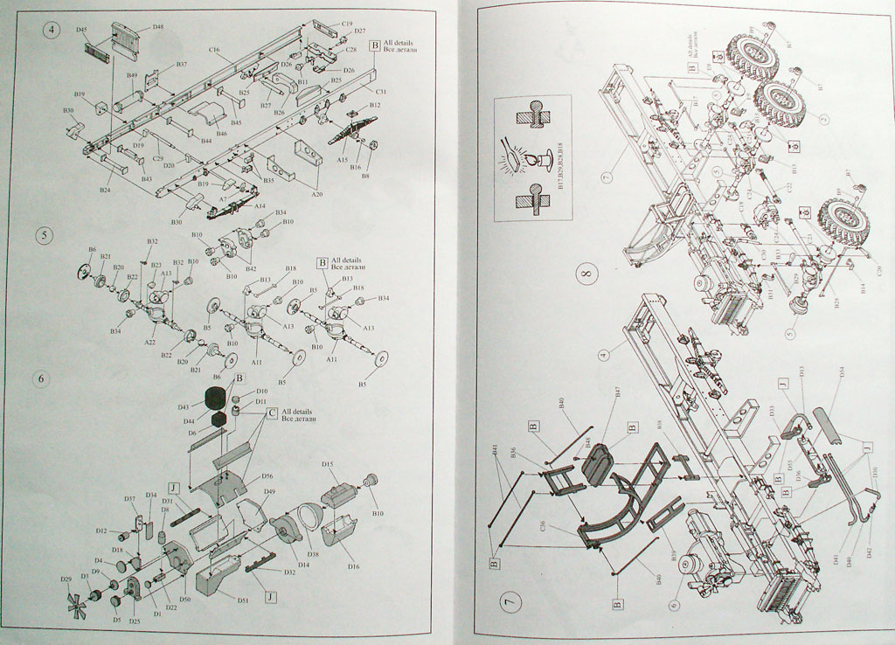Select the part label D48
pyautogui.click(x=157, y=27)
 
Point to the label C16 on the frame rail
pyautogui.click(x=214, y=51)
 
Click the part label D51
pyautogui.click(x=243, y=599)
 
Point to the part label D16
pyautogui.click(x=353, y=566)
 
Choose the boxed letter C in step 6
pyautogui.click(x=272, y=412)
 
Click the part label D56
pyautogui.click(x=267, y=476)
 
